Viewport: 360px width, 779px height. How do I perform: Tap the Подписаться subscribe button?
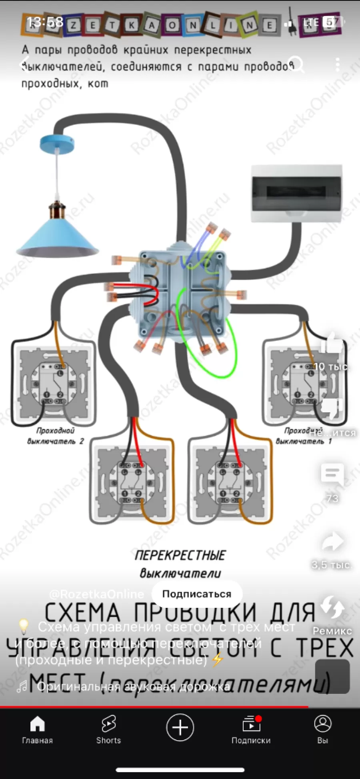[196, 594]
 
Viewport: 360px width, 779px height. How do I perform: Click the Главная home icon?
[37, 724]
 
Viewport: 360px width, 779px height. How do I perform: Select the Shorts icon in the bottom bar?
[108, 724]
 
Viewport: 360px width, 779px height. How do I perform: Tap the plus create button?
[180, 727]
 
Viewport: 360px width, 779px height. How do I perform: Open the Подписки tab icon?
[251, 724]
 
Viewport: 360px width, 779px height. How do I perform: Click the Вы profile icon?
[323, 724]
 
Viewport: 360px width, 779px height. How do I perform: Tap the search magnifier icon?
[297, 64]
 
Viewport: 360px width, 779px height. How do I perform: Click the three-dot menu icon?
[338, 64]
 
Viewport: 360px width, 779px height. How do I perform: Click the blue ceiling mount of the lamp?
[57, 143]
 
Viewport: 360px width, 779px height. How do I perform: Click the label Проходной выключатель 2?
[56, 436]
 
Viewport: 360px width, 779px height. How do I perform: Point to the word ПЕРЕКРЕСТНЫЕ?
[180, 555]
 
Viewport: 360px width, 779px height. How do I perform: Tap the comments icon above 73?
[332, 474]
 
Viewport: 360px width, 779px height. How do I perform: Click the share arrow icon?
[332, 542]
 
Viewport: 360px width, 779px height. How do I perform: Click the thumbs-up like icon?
[332, 343]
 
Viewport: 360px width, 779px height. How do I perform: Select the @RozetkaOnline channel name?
[96, 594]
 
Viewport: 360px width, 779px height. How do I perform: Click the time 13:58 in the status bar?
[45, 22]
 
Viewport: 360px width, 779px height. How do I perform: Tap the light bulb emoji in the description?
[24, 626]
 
